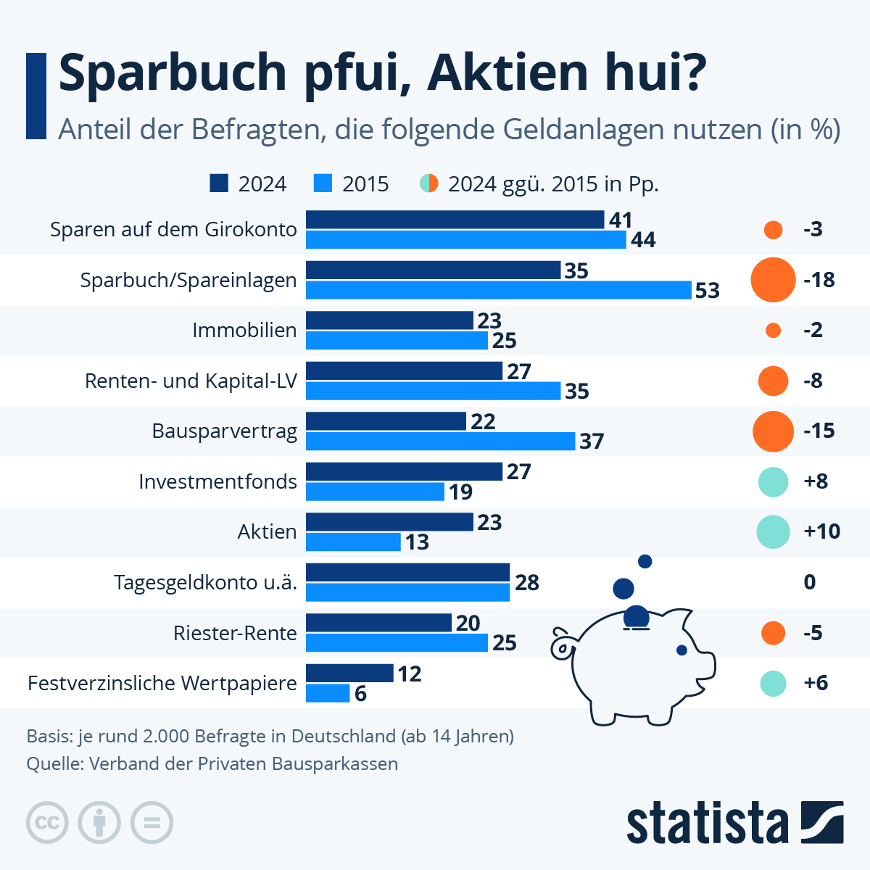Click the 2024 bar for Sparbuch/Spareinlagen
[x=433, y=270]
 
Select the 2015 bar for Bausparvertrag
[x=440, y=441]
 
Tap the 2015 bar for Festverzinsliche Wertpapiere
[x=328, y=693]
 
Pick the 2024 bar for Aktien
[x=389, y=522]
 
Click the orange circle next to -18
[x=773, y=280]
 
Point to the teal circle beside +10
[x=773, y=532]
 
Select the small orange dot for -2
[x=773, y=331]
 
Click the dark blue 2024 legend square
[x=219, y=183]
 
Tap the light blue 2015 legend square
[x=323, y=183]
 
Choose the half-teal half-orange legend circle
[x=429, y=183]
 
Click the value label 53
[x=707, y=290]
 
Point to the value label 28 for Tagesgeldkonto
[x=527, y=582]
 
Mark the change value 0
[x=810, y=582]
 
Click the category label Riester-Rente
[x=235, y=633]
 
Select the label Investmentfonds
[x=217, y=481]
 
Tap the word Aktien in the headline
[x=508, y=72]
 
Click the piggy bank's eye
[x=681, y=650]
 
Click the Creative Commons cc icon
[x=47, y=823]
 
